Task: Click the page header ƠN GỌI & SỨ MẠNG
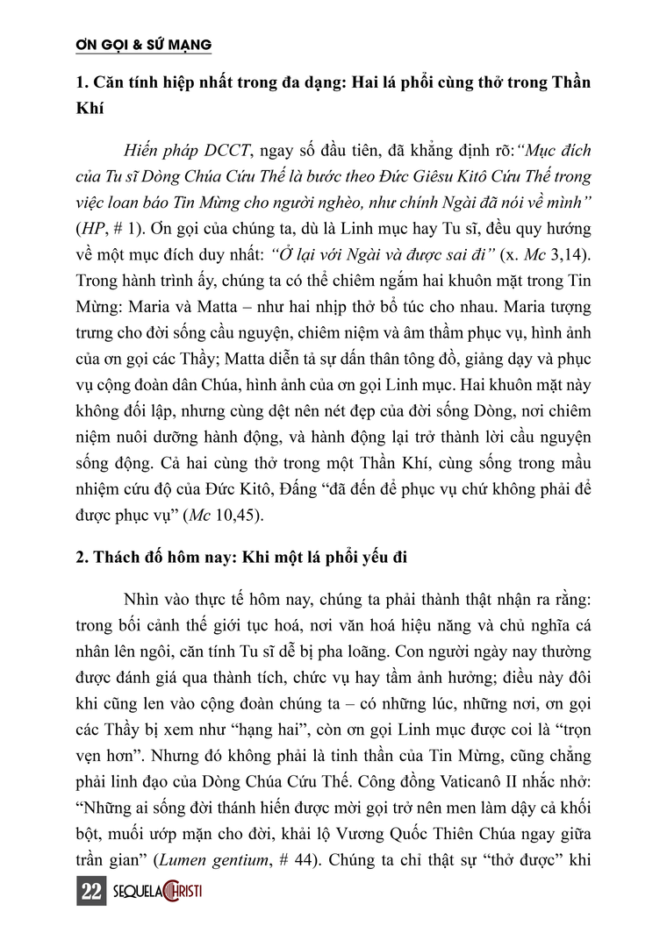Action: (x=143, y=43)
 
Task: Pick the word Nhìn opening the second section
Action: (x=146, y=600)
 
